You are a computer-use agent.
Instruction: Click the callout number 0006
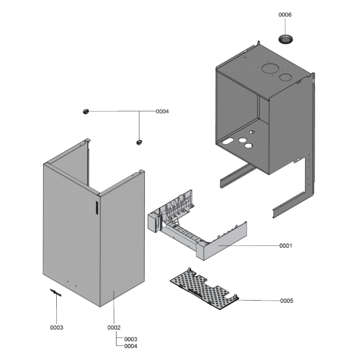285,15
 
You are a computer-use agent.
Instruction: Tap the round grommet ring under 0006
286,39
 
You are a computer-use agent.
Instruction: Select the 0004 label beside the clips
162,111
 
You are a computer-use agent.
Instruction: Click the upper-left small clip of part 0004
85,112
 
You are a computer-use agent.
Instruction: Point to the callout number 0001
286,246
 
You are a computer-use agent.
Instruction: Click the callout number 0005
287,301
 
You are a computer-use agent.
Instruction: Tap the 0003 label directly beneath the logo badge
57,328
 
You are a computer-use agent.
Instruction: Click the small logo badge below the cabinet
56,293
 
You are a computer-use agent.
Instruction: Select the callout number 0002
114,328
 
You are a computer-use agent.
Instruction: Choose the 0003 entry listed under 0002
130,339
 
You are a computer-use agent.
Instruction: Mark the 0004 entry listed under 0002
130,346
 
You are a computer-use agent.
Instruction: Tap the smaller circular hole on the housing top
285,77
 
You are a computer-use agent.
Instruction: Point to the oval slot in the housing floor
228,141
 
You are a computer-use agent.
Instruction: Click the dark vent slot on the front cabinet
97,208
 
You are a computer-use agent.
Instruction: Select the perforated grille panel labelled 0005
204,289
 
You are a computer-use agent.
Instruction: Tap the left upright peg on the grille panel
189,270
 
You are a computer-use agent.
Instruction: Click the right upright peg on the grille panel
235,296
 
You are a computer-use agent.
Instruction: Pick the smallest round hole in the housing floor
252,132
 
